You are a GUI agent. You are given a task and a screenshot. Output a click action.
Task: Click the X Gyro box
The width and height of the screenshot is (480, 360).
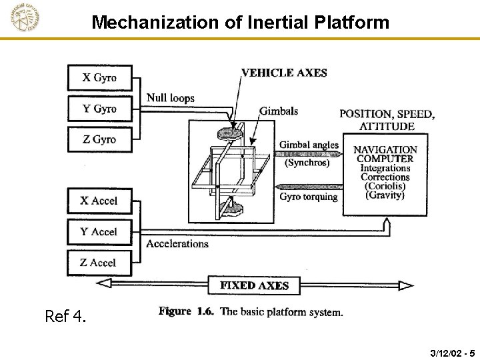click(99, 77)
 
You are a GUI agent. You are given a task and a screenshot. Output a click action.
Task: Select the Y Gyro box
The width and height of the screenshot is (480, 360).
click(99, 109)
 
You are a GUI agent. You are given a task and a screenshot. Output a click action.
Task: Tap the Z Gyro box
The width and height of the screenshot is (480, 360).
click(99, 139)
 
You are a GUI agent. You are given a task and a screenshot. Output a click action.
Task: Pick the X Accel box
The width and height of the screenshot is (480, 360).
click(99, 201)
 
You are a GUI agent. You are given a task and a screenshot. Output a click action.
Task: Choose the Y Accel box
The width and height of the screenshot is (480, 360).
click(99, 232)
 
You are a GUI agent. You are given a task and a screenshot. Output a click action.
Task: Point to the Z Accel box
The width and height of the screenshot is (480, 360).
click(99, 263)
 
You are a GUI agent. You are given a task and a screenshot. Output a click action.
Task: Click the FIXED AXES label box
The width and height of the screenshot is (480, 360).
click(254, 285)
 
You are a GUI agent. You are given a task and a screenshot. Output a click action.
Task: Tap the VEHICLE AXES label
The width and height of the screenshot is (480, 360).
click(284, 73)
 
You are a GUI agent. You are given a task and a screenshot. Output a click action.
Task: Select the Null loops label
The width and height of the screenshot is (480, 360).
click(171, 98)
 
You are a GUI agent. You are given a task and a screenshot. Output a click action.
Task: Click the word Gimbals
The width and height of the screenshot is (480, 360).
click(279, 111)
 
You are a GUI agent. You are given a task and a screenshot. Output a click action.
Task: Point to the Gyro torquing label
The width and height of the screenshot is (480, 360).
click(309, 197)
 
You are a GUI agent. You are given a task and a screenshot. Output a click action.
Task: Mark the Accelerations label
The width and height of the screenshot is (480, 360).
click(177, 244)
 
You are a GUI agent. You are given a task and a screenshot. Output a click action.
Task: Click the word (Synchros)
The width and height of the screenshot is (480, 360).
click(307, 162)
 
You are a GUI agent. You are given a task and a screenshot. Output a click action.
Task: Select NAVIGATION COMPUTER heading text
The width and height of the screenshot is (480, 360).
click(385, 154)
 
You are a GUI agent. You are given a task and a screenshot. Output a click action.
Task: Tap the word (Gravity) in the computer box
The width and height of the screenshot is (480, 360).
click(385, 195)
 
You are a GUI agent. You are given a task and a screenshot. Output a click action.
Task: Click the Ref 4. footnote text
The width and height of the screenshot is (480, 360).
click(65, 316)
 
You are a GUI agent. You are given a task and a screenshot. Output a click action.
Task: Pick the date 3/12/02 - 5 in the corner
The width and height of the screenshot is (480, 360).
click(453, 352)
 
